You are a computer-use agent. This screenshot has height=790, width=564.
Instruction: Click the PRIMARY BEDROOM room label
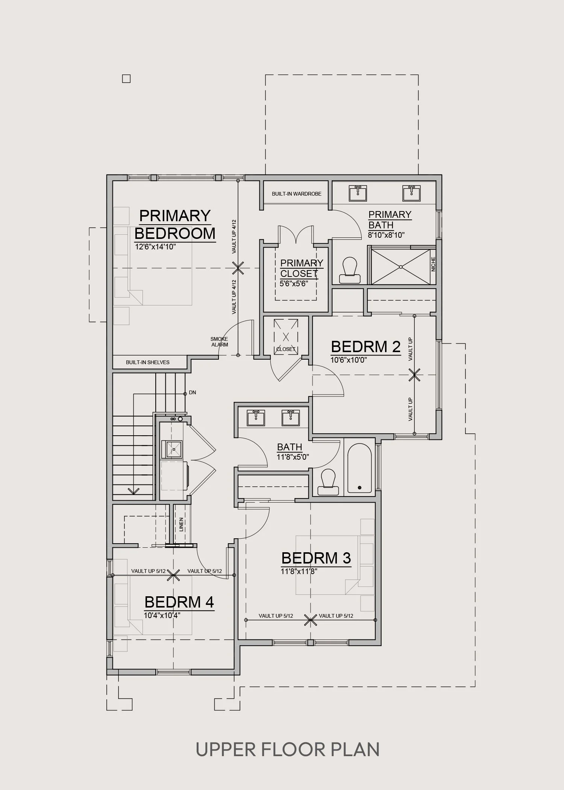pos(175,225)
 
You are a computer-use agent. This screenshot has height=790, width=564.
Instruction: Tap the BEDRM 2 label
pos(366,346)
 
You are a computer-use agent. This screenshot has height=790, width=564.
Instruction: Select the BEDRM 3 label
pos(316,558)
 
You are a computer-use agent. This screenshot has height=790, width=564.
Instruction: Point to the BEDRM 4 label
pos(179,602)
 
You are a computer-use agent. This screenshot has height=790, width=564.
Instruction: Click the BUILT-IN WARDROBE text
pos(297,194)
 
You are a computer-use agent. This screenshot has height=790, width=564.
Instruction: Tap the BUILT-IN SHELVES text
pos(148,363)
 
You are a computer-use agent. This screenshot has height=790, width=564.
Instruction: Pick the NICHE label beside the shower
pos(433,264)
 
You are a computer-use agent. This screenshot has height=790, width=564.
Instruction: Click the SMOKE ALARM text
pos(219,342)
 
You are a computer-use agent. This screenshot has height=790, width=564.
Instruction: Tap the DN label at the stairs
pos(193,393)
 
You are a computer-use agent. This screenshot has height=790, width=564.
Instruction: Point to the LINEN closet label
pos(181,524)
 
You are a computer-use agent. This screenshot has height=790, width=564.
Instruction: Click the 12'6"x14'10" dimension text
pos(156,247)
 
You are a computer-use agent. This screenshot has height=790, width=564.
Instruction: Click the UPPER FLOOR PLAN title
pos(288,750)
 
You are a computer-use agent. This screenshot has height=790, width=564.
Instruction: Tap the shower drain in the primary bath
pos(401,267)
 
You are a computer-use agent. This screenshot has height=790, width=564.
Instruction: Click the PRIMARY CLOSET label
pos(302,268)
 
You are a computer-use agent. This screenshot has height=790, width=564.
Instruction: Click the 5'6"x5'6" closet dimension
pos(294,284)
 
